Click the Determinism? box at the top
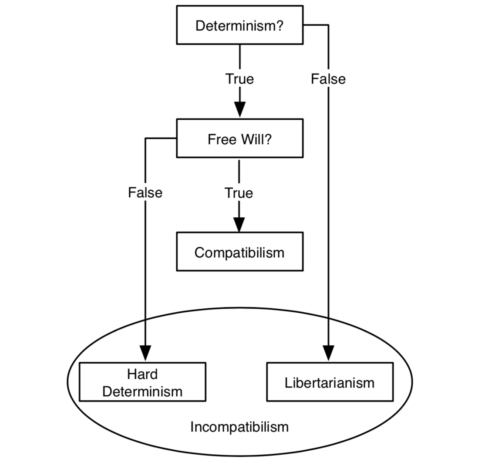tap(239, 25)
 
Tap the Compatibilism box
tap(239, 252)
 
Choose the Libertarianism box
tap(330, 382)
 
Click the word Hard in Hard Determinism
tap(142, 374)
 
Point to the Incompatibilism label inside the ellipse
tap(239, 426)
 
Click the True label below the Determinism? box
tap(239, 79)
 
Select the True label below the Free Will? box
tap(239, 192)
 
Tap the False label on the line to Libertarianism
tap(328, 79)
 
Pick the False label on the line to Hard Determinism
tap(145, 192)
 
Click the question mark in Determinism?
tap(279, 26)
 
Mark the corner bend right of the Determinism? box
tap(328, 25)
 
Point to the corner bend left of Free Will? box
tap(145, 138)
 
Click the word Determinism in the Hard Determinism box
tap(142, 391)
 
